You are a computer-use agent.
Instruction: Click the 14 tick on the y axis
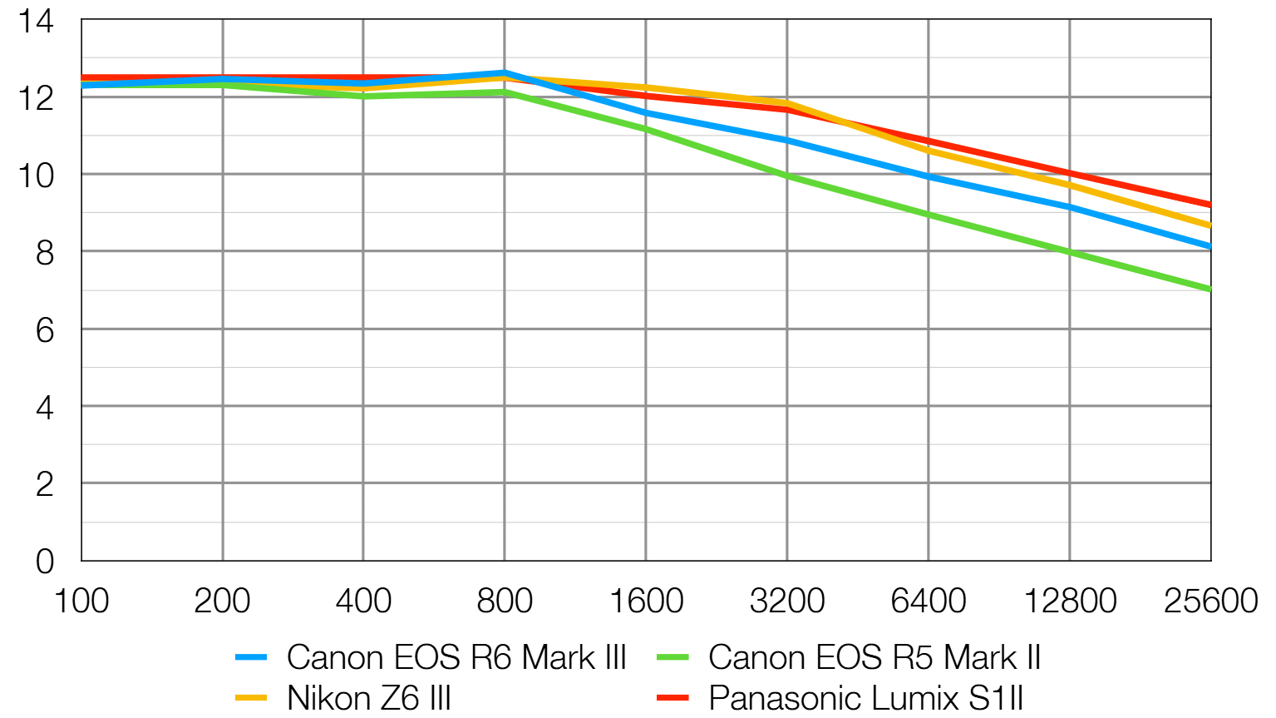(x=37, y=21)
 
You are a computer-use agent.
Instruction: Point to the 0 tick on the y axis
(x=45, y=562)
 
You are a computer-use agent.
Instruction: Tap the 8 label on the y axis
(x=45, y=253)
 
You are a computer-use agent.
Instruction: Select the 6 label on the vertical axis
(x=45, y=330)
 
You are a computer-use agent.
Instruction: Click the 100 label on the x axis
(x=81, y=601)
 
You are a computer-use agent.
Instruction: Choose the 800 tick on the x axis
(x=505, y=601)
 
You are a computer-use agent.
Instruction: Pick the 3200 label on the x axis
(x=787, y=601)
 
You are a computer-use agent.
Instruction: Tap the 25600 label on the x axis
(x=1210, y=601)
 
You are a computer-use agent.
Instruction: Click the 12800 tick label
(x=1070, y=601)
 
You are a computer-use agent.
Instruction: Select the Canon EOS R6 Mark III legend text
(x=456, y=657)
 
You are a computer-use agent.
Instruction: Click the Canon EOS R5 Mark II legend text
(x=874, y=657)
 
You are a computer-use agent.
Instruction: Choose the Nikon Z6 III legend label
(x=369, y=697)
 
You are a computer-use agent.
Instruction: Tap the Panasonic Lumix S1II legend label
(x=866, y=697)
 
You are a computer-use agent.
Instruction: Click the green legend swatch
(x=672, y=657)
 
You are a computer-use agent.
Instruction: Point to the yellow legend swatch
(x=251, y=697)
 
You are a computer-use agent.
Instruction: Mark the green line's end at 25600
(x=1210, y=290)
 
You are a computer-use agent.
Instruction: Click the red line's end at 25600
(x=1210, y=205)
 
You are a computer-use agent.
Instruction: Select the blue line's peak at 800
(x=504, y=73)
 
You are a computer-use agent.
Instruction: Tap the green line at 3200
(x=787, y=176)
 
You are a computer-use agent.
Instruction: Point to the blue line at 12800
(x=1070, y=207)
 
